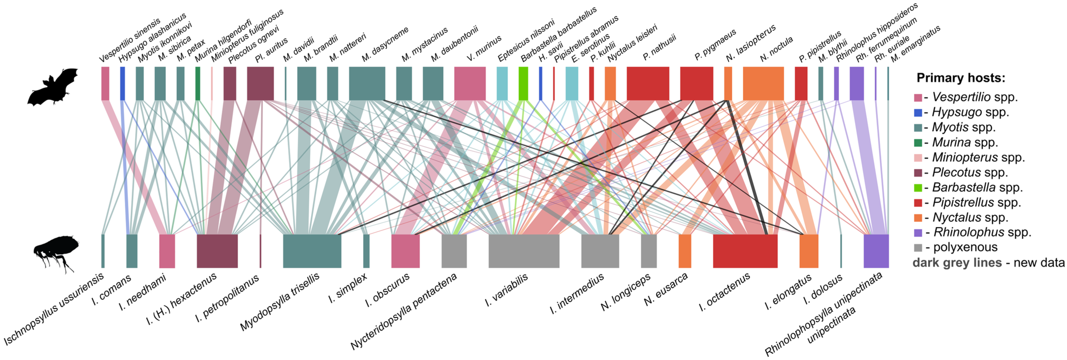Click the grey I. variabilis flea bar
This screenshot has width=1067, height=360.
pos(524,251)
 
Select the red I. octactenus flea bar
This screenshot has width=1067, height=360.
pos(745,251)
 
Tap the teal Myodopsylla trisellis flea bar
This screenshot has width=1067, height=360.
pos(312,251)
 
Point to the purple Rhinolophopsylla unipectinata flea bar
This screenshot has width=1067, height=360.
pos(876,251)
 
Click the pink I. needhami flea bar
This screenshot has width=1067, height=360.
pos(167,251)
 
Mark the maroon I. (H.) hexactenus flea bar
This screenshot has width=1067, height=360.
pos(217,251)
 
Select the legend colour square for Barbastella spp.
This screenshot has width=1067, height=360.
pos(918,188)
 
